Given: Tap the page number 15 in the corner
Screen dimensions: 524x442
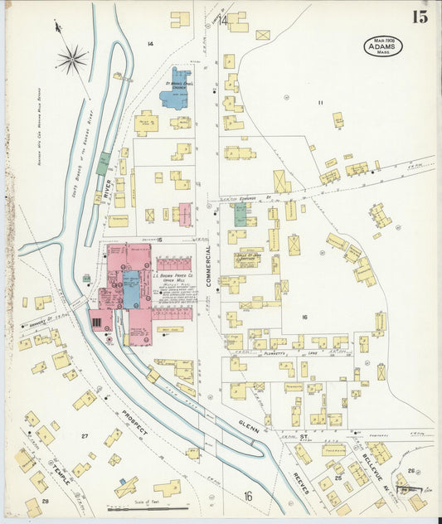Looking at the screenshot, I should (420, 17).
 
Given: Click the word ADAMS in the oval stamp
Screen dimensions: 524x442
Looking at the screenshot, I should (381, 47).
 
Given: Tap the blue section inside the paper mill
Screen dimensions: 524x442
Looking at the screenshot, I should (131, 288).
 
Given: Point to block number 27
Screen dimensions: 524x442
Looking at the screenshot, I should (85, 435).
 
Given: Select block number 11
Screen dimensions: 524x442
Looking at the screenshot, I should (318, 102).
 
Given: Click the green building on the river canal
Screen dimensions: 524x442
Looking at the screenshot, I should (103, 163).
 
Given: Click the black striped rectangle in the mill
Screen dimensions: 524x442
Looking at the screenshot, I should (99, 322).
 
